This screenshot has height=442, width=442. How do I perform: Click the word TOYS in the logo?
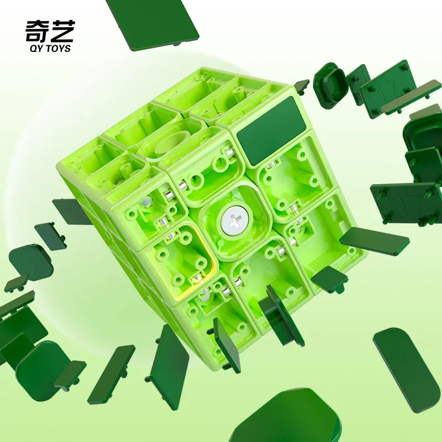pos(58,49)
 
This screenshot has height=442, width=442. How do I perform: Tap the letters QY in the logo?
pos(36,49)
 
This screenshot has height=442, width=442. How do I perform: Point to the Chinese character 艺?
pos(63,31)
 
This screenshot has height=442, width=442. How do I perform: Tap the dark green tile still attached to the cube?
pos(271,131)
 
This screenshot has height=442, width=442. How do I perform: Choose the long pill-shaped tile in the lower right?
pos(407,370)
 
